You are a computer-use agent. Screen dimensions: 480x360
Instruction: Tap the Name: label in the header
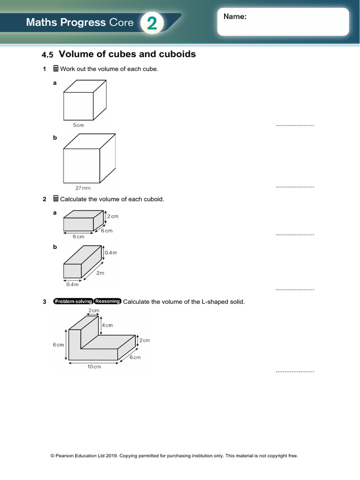235,16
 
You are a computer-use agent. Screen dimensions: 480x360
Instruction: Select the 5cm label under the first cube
78,126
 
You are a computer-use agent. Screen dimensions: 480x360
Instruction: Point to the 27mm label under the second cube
83,188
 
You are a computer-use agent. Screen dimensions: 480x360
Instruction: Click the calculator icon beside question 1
56,69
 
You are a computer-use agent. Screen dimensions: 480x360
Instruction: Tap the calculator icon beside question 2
56,199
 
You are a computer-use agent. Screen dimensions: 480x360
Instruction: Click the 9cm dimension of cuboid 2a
78,237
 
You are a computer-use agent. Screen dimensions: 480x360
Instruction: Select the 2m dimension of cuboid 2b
100,273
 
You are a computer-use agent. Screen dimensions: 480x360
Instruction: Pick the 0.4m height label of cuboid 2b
111,253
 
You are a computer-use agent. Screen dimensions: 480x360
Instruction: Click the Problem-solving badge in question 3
73,301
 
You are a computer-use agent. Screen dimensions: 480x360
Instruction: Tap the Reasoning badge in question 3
108,301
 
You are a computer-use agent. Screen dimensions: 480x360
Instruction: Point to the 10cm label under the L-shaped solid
94,367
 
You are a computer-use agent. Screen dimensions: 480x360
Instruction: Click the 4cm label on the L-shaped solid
107,325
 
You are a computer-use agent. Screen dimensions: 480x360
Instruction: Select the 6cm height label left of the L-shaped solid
58,345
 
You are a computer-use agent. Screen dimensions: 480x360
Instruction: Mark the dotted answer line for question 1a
294,126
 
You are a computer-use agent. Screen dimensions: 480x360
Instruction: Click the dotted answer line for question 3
294,371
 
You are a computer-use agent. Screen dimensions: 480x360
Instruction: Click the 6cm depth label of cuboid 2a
107,231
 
